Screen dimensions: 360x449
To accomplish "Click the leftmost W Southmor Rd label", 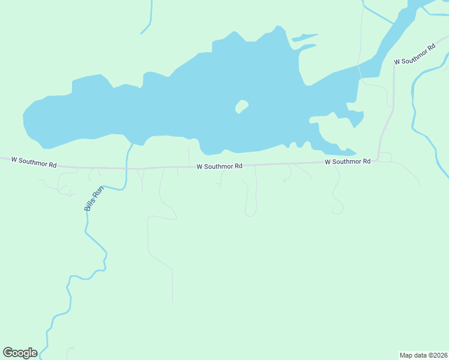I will point(34,162).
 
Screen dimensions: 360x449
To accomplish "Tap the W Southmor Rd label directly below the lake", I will point(219,166).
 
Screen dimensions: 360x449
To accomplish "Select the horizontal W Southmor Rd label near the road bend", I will point(348,162).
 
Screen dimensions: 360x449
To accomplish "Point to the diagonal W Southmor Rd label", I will point(415,54).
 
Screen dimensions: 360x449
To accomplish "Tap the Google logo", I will point(20,353).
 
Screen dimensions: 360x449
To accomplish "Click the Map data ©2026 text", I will point(423,355).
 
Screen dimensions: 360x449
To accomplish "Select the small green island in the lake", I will point(241,106).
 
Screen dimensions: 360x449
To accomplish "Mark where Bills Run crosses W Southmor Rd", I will point(127,168).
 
